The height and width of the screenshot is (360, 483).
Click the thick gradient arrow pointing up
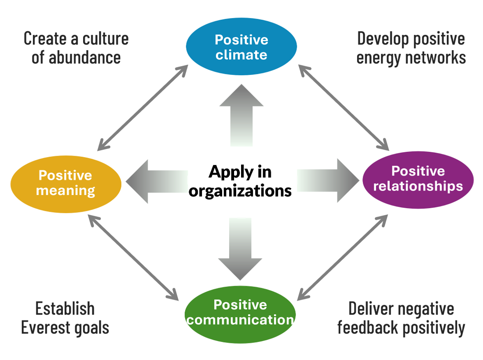click(x=241, y=114)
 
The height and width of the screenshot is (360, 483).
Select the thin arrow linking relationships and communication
click(x=343, y=257)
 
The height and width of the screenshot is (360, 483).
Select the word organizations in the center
click(x=240, y=191)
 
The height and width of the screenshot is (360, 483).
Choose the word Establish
click(x=65, y=309)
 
